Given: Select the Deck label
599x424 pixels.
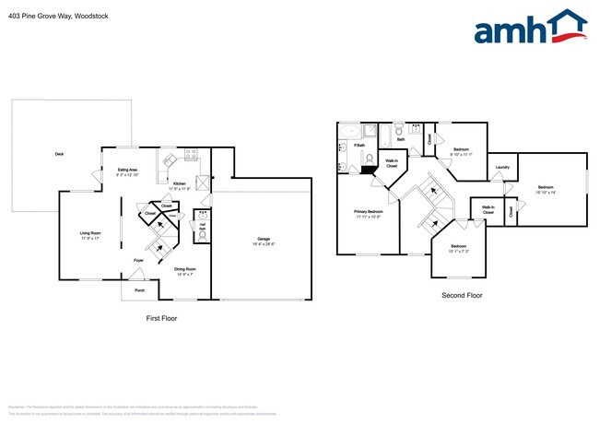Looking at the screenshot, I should click(59, 154).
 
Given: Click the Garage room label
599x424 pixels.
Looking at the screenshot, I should click(264, 237).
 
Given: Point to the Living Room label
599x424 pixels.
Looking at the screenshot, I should click(90, 232).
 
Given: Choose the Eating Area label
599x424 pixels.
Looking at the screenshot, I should click(127, 170).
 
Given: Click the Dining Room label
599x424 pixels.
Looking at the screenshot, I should click(185, 268).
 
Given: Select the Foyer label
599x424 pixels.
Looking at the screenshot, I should click(138, 261).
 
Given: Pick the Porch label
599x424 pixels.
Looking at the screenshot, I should click(140, 290).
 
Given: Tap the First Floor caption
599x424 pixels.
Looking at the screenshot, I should click(161, 318).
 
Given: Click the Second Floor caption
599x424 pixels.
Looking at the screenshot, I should click(462, 296).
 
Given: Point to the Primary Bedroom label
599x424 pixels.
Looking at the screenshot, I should click(368, 211).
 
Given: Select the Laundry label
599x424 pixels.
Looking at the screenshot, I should click(502, 167).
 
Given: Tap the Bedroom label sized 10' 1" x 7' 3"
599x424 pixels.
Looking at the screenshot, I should click(459, 245).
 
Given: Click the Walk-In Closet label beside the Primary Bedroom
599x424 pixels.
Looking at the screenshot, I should click(391, 163).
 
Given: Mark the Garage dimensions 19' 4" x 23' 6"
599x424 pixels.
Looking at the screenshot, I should click(264, 243).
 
